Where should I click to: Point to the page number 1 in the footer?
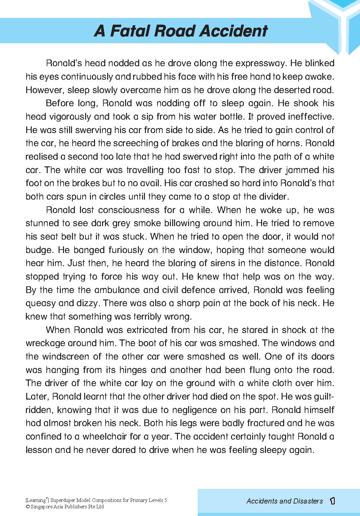[x=332, y=501]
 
